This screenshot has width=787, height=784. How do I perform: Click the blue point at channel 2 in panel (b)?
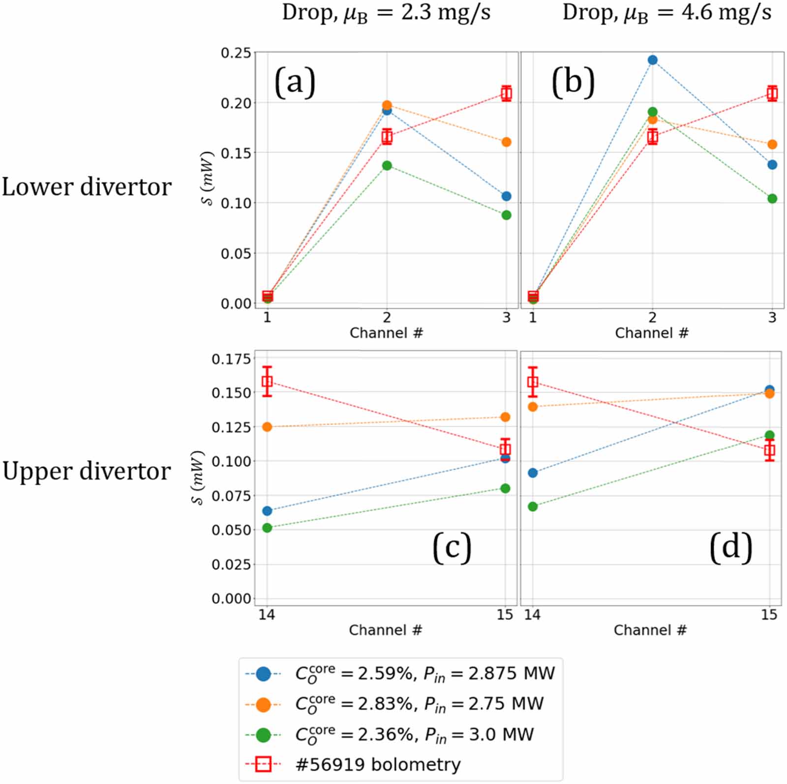652,60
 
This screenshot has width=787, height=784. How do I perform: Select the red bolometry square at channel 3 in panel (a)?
506,93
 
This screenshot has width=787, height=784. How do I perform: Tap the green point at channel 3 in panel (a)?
506,215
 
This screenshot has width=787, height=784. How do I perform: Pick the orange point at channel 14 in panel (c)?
267,427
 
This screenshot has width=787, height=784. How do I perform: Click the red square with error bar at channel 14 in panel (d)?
532,382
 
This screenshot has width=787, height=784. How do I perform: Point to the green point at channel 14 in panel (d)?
532,507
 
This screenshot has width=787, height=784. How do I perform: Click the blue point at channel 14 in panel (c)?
267,511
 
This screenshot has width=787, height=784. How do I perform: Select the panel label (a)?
295,82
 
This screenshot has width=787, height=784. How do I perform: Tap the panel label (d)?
730,547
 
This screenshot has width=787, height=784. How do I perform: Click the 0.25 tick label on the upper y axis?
236,53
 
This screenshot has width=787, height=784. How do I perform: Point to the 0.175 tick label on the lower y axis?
231,359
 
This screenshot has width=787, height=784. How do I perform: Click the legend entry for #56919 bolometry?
378,765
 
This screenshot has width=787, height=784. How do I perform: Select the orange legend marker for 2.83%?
263,704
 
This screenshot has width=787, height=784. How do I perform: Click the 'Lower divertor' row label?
87,187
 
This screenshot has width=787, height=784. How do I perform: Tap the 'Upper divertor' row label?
87,471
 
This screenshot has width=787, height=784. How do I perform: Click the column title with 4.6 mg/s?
666,13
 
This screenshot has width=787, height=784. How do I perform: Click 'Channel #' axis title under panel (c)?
385,630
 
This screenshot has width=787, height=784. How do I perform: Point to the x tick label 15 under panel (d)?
769,615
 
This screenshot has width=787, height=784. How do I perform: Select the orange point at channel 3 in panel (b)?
772,145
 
